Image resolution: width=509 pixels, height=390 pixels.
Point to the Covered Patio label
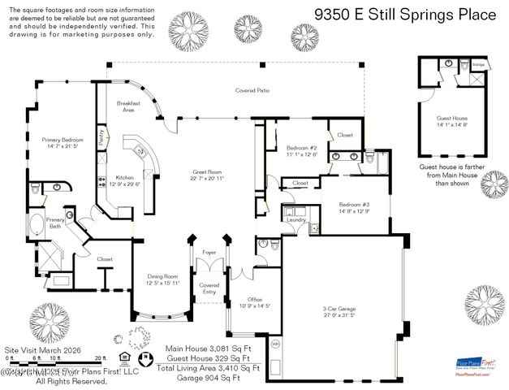(x=252, y=90)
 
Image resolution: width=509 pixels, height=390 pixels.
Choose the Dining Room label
(x=162, y=279)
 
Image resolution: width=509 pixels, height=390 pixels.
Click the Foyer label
(x=209, y=253)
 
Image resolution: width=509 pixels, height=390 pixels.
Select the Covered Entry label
(x=209, y=288)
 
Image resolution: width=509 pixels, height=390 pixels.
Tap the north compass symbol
(x=145, y=357)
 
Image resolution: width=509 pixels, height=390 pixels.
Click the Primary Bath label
(x=55, y=223)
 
